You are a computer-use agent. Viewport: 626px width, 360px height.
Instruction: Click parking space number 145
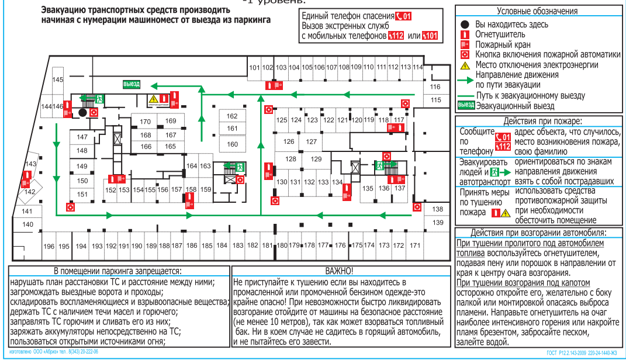57,79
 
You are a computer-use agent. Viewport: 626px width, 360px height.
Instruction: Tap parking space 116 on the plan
435,87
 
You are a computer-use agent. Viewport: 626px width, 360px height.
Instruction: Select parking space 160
233,144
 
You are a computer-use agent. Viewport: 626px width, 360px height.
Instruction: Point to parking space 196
49,246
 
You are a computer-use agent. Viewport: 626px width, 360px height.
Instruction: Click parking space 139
438,223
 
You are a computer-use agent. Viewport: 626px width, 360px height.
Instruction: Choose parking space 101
254,68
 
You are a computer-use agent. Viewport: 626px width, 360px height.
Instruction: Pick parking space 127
312,142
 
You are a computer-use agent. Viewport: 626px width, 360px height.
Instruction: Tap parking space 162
232,116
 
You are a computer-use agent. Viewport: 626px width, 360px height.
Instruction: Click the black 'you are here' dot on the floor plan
82,112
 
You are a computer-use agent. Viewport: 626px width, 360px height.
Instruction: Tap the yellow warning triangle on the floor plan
153,99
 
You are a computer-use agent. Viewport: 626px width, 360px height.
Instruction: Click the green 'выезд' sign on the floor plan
131,84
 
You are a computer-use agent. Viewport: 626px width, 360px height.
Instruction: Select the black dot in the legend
465,25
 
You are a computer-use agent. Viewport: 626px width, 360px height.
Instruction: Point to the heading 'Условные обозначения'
537,11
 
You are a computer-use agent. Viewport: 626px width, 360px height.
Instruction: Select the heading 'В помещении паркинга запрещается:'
117,271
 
